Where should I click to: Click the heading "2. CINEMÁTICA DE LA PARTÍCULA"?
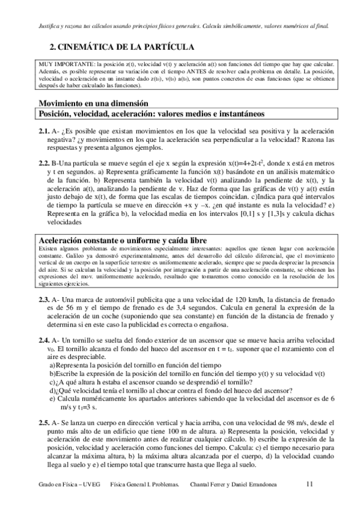click(121, 46)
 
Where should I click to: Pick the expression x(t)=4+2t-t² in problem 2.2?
click(264, 163)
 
